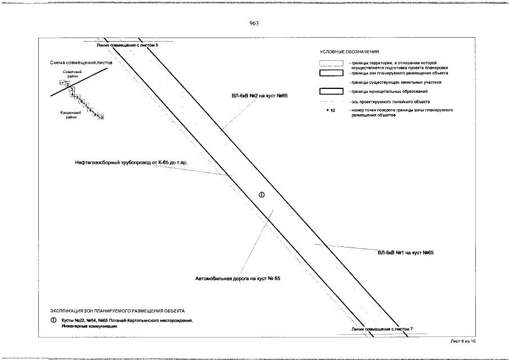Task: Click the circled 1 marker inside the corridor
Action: (261, 195)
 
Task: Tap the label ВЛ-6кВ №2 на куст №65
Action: (259, 96)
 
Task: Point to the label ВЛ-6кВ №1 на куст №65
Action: (405, 253)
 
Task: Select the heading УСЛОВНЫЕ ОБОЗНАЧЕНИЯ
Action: (349, 52)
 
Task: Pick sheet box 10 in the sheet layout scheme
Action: (101, 118)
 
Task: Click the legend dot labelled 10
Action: (327, 110)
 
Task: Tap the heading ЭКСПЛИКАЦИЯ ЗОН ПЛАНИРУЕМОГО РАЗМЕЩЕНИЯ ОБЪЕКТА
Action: (117, 310)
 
